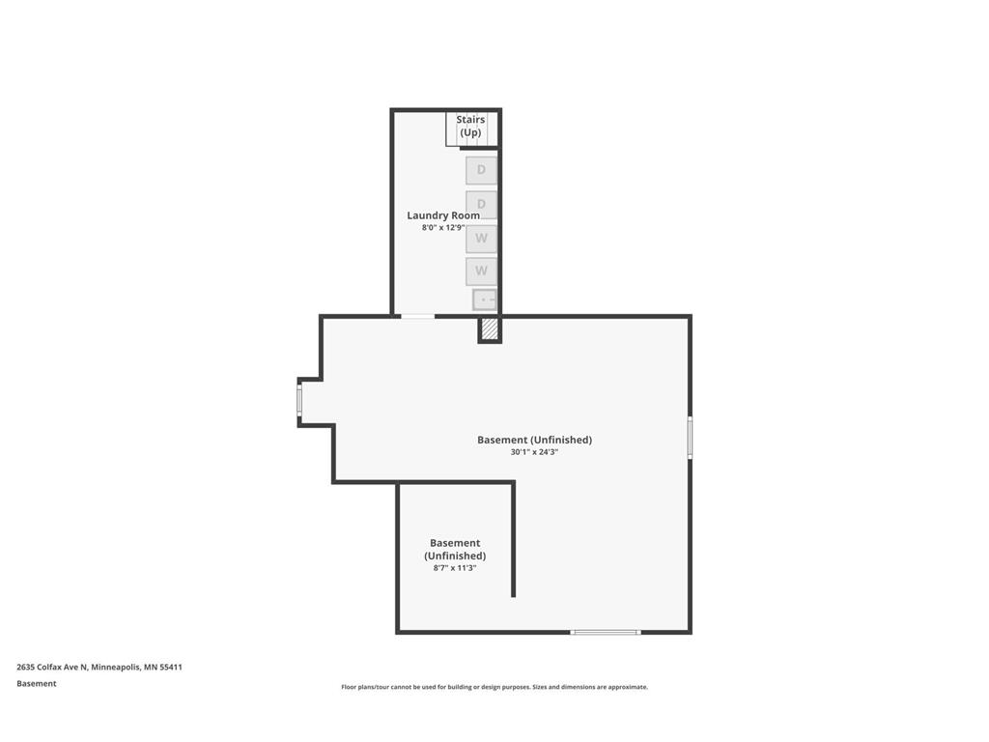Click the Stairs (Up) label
470,126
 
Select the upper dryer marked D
481,170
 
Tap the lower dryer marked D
481,204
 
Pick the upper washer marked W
481,239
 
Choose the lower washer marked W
481,271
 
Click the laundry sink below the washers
485,300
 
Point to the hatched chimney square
490,329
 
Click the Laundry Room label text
443,215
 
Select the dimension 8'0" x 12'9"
443,228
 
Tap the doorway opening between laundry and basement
417,316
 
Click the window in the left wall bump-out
299,400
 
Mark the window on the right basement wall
690,437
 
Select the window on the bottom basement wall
605,632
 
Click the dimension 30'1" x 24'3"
534,452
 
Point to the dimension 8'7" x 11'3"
455,568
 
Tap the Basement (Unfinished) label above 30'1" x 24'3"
534,440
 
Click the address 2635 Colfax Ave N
52,667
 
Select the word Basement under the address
37,684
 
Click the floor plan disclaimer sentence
494,687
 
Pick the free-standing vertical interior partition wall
513,541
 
